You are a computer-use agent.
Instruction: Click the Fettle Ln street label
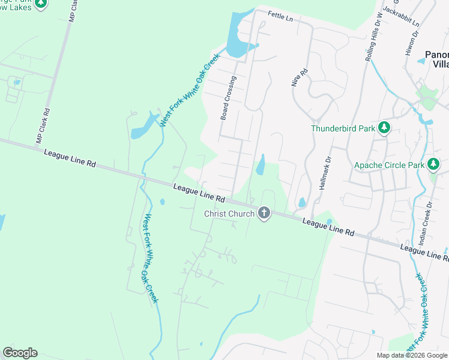[280, 17]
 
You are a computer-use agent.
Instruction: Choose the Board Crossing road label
[228, 98]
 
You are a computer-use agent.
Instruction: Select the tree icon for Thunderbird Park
[385, 128]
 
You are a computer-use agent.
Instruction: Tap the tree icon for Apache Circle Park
[433, 164]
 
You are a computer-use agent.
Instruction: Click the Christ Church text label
[229, 214]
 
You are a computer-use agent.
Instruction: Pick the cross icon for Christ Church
[264, 213]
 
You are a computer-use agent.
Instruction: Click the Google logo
[20, 353]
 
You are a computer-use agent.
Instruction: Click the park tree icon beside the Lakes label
[41, 4]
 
